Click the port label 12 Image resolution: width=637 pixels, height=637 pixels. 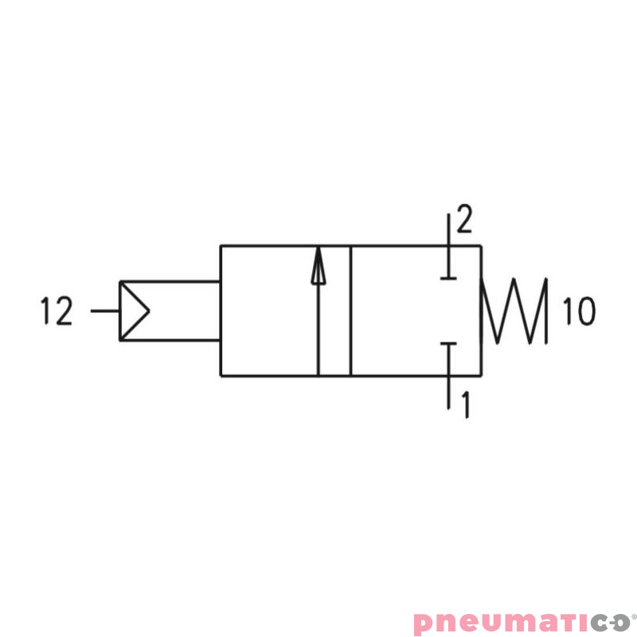coord(57,311)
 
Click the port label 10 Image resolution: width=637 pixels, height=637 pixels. coord(579,311)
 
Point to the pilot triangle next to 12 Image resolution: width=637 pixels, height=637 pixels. coord(133,311)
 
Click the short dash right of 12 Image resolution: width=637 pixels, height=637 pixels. coord(104,311)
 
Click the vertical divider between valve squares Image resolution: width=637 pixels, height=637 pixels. coord(350,311)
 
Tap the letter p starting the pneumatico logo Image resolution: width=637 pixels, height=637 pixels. coord(424,623)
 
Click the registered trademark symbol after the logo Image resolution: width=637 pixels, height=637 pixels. coord(633,616)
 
